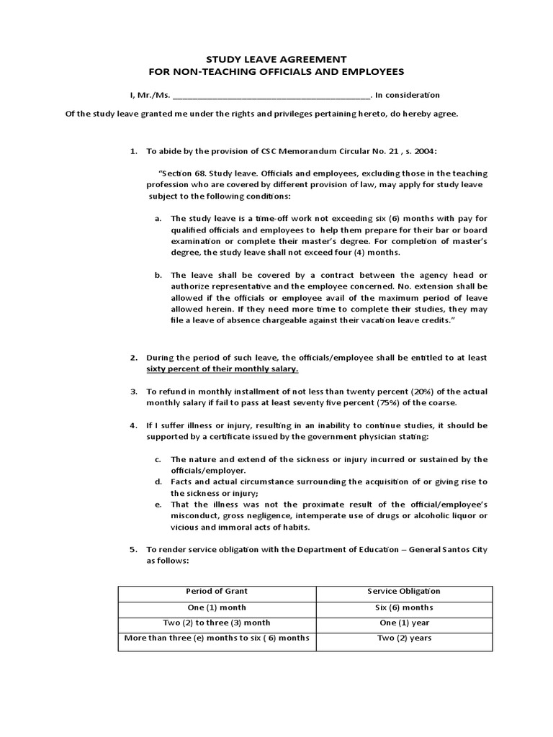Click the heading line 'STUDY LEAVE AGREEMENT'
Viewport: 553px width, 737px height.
pyautogui.click(x=276, y=59)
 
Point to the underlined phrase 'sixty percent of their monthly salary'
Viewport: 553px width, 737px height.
pyautogui.click(x=222, y=368)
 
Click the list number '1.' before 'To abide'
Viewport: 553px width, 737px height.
pyautogui.click(x=133, y=152)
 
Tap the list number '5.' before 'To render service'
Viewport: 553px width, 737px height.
pyautogui.click(x=133, y=550)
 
